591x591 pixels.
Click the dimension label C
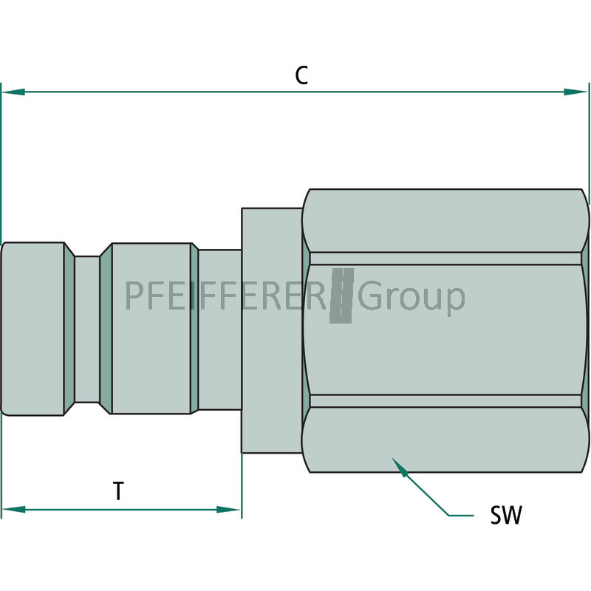[301, 75]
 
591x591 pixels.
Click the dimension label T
[118, 491]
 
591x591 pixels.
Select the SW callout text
[506, 515]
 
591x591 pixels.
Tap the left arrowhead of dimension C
[13, 92]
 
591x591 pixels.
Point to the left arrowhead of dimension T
[13, 510]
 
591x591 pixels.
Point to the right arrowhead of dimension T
[228, 510]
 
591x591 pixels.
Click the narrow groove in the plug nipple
[87, 329]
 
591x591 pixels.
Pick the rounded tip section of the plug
[33, 329]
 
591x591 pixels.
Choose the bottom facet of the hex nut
[447, 439]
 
